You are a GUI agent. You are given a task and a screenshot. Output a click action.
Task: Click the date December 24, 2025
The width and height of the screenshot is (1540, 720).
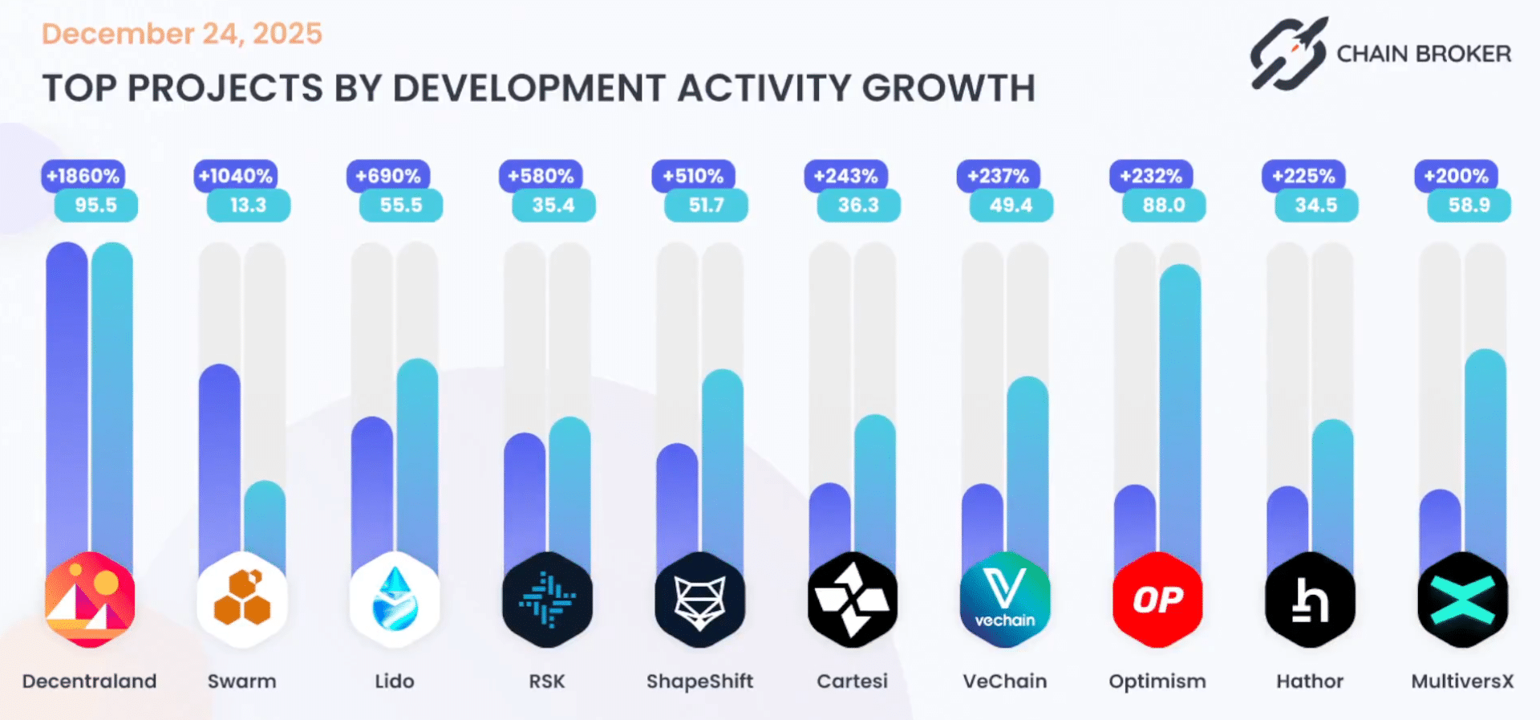click(182, 34)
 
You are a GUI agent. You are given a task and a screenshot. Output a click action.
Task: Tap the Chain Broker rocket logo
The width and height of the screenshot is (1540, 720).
click(1288, 53)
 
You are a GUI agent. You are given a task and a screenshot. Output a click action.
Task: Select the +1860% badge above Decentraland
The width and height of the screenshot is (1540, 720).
click(83, 176)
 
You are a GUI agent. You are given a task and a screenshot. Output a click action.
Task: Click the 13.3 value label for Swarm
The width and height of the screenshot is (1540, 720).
click(248, 205)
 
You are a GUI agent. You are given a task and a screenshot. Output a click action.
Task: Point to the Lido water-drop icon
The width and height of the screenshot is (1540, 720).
click(395, 600)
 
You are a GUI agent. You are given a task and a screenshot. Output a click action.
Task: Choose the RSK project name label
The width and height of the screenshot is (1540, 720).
click(547, 681)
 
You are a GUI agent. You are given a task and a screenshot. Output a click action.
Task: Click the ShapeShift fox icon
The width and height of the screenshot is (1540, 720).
click(699, 600)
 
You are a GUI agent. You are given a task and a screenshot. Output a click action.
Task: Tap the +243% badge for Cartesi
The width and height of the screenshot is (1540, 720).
click(845, 176)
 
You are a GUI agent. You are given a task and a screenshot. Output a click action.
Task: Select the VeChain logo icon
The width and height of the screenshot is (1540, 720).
click(1005, 600)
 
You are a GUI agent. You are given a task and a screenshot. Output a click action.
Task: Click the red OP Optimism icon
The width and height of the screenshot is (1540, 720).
click(1157, 600)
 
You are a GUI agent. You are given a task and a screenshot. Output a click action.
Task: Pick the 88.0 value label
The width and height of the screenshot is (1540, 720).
click(1164, 205)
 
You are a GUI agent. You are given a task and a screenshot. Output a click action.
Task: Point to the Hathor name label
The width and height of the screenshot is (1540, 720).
click(1310, 681)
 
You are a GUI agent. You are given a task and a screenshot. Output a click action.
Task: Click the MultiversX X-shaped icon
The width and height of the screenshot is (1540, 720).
click(1462, 600)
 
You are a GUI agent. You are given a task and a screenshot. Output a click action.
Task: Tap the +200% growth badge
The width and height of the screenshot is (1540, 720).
click(1456, 176)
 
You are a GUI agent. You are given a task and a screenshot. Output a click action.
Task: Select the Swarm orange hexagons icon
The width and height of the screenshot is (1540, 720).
click(242, 600)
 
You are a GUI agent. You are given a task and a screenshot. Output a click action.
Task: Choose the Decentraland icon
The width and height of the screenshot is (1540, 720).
click(90, 600)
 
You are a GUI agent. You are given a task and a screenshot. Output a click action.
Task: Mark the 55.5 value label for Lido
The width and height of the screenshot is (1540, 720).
click(400, 205)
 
